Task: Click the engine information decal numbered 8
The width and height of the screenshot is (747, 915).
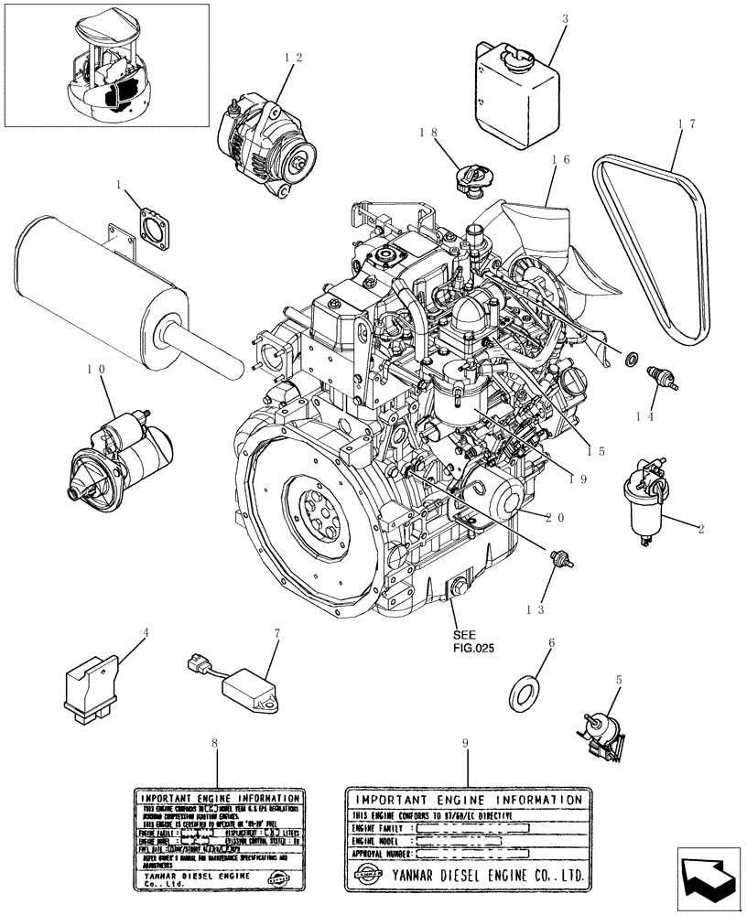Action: (x=216, y=837)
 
